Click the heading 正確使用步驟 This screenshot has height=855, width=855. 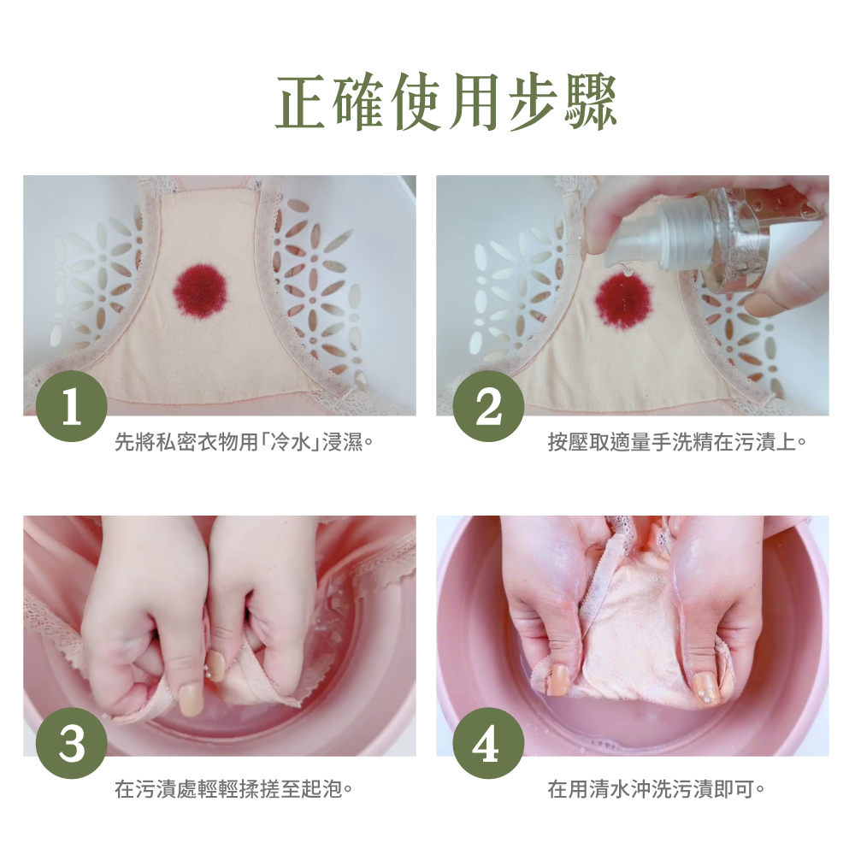coord(445,103)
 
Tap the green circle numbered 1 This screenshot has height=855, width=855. coord(72,406)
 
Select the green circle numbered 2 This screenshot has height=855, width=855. coord(488,406)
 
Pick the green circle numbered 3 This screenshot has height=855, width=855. coord(72,743)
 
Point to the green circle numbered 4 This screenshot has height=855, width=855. coord(488,743)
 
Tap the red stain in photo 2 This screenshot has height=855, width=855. coord(624,298)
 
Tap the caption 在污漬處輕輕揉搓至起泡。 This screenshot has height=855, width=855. coord(233,788)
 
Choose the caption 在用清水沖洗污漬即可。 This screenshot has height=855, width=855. coord(656,788)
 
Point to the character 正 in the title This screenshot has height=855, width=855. coord(301,103)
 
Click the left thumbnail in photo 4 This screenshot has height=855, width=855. coord(557,680)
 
